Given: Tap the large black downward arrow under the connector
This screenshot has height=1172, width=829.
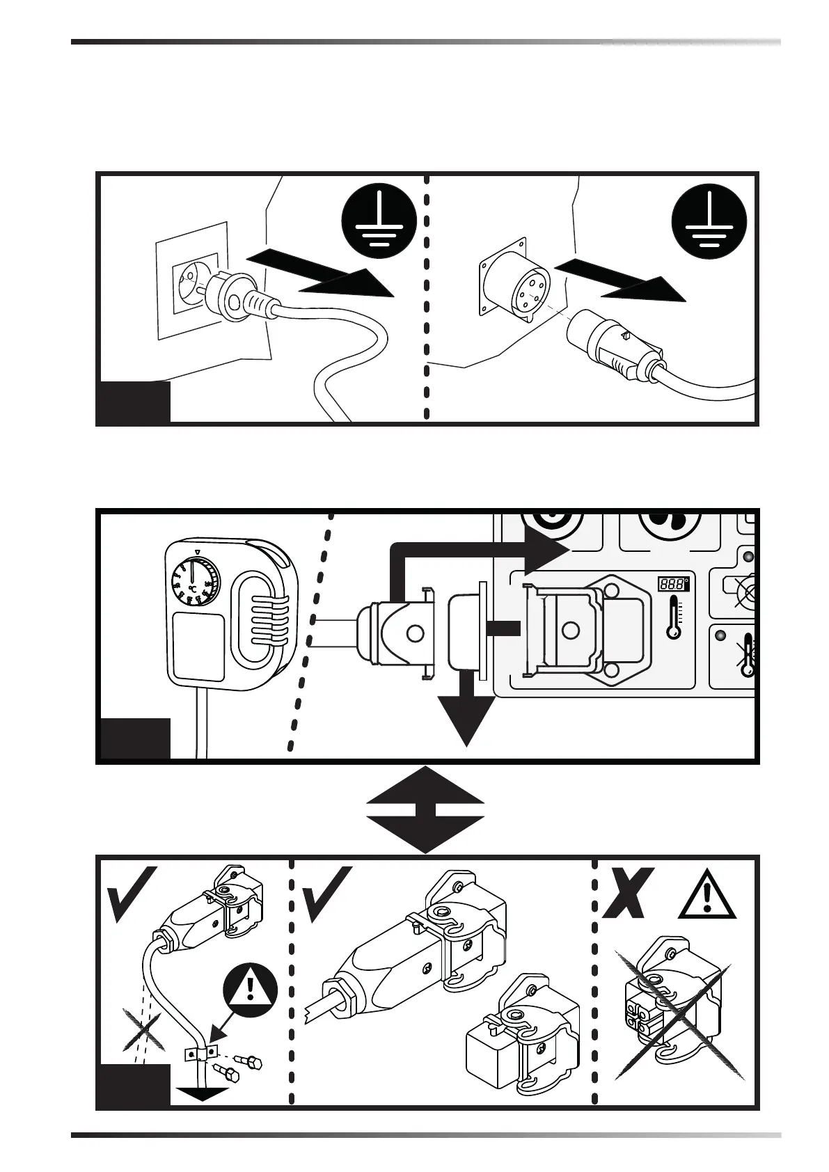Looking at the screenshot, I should pos(466,717).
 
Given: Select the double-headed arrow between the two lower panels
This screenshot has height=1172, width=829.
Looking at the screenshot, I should pos(425,809).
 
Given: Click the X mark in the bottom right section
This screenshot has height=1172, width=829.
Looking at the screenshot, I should pos(629,893).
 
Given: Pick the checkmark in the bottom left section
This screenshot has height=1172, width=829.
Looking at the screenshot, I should pos(132,894).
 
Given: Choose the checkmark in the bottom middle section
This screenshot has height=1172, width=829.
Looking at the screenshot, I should pos(326,894).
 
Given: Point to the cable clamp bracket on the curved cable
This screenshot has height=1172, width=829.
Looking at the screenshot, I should pos(201,1053).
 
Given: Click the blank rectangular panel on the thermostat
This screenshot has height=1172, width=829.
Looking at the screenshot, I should pos(198,646).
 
